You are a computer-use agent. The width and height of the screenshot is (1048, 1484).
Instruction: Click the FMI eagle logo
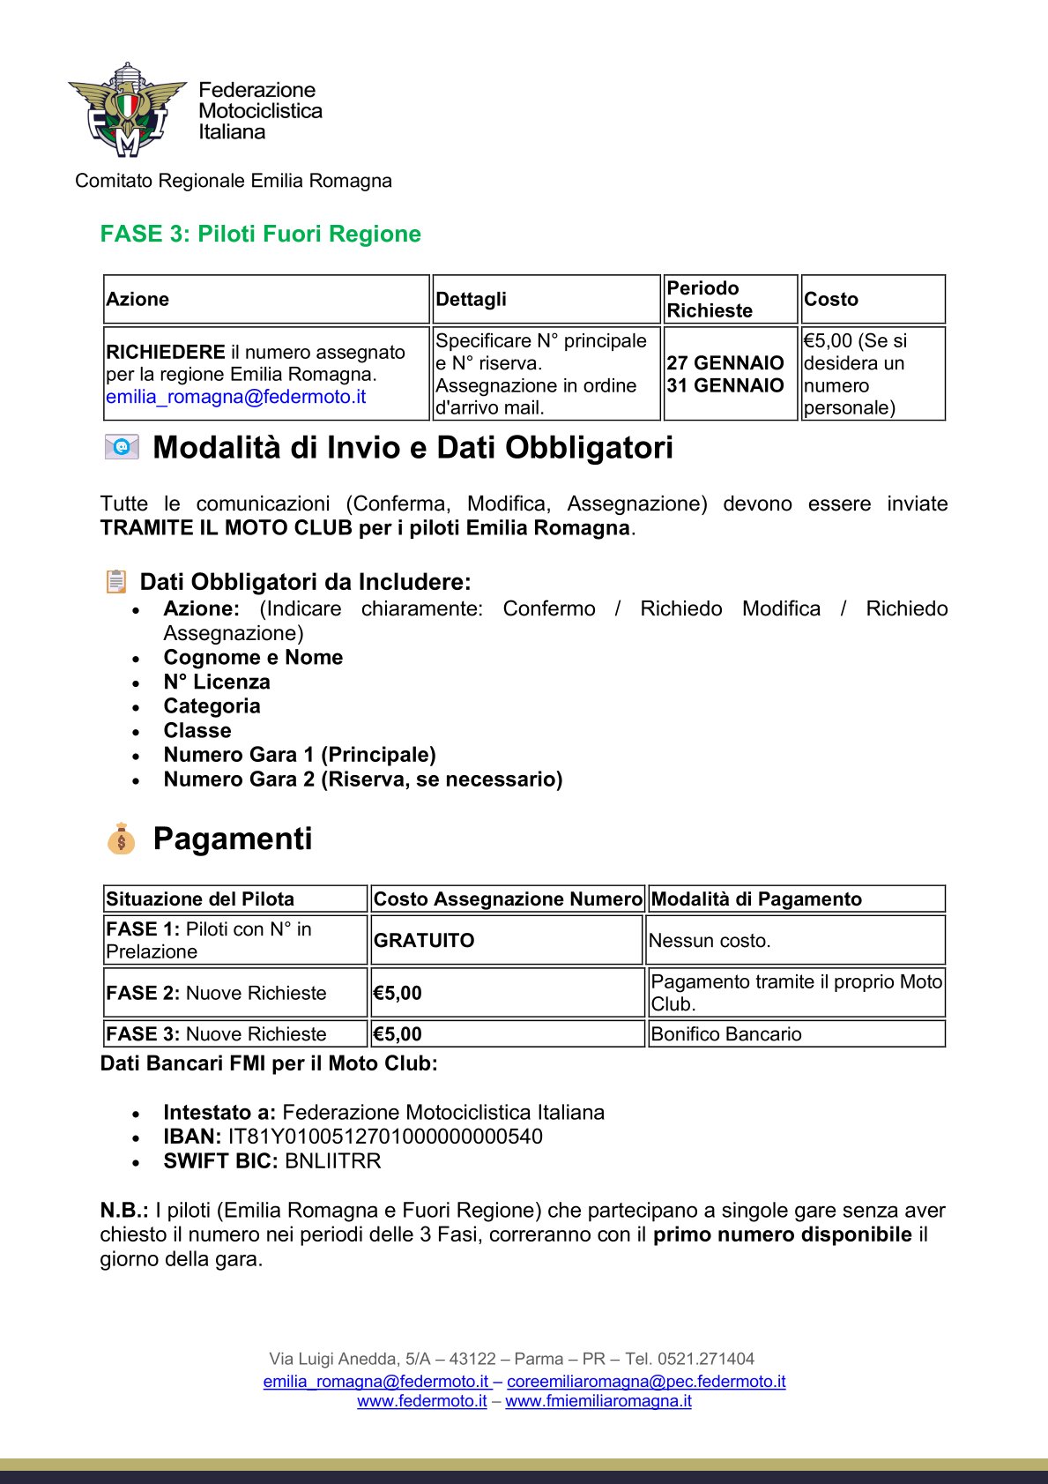click(127, 110)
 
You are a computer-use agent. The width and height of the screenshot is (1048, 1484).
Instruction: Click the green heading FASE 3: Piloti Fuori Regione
click(260, 234)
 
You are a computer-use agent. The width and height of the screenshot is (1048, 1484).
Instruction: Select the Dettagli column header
click(471, 299)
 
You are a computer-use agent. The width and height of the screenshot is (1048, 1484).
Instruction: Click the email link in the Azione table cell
click(235, 397)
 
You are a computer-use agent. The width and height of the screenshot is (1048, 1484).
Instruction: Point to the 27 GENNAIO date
click(725, 362)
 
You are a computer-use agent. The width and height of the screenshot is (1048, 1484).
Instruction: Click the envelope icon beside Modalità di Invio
click(122, 447)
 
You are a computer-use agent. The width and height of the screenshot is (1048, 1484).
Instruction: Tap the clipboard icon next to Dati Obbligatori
click(116, 582)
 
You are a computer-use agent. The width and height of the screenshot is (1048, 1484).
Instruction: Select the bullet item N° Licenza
click(217, 682)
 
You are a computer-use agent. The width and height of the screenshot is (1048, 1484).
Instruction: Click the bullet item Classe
click(197, 730)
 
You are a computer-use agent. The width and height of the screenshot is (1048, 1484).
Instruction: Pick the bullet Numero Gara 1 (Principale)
click(300, 755)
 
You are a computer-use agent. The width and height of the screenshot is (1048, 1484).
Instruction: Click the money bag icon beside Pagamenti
click(121, 839)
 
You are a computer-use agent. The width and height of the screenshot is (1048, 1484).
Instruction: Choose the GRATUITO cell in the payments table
click(424, 940)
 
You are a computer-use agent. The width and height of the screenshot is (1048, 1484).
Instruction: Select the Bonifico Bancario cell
click(726, 1033)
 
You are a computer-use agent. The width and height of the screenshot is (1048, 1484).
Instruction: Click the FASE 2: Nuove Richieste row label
click(216, 993)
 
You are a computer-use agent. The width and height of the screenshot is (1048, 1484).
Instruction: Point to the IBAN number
click(385, 1137)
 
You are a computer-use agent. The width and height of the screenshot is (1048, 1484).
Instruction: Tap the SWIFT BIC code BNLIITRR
click(333, 1160)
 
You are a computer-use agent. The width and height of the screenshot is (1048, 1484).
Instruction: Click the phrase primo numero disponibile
click(782, 1234)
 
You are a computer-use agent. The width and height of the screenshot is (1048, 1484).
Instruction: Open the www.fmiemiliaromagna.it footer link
click(598, 1401)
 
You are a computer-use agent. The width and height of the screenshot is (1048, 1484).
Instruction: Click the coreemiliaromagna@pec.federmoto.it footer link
click(646, 1382)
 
